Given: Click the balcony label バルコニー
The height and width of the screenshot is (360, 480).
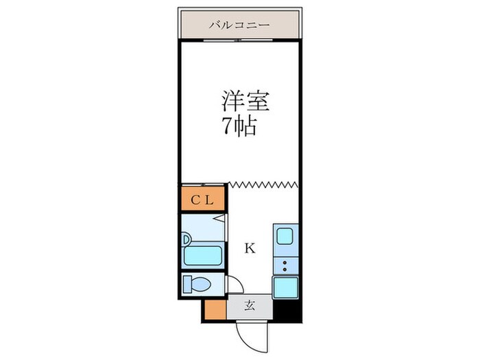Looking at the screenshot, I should click(x=239, y=25).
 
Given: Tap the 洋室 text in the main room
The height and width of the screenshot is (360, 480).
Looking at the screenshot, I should click(x=244, y=101).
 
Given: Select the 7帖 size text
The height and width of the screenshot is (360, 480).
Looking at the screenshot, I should click(x=239, y=126).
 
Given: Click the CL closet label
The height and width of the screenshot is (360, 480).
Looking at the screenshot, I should click(x=203, y=200).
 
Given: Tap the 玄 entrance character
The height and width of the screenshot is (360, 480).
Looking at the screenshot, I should click(x=250, y=307).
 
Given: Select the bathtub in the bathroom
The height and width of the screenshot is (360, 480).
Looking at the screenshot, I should click(x=203, y=256).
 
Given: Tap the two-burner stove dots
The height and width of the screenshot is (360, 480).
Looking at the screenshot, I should click(x=285, y=265).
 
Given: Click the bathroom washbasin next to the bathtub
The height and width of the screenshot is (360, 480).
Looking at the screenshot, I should click(x=187, y=239).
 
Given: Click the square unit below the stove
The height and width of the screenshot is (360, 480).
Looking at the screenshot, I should click(x=285, y=286).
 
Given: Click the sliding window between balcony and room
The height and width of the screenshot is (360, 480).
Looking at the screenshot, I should click(x=240, y=40).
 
